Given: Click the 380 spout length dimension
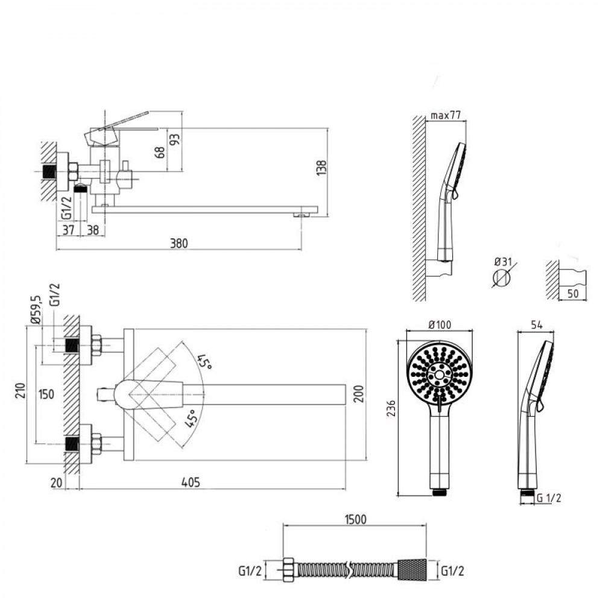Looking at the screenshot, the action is coord(179,243).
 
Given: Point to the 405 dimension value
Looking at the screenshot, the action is coord(191,482).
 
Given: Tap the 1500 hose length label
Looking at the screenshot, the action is coord(356,520).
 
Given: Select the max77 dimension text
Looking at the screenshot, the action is coord(446,115).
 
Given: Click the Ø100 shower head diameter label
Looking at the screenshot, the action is coord(440,325).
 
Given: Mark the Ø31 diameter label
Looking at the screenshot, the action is coord(503,262).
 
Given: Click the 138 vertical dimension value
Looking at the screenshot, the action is coord(321,168).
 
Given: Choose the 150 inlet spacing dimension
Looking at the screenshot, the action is coord(46,394).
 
